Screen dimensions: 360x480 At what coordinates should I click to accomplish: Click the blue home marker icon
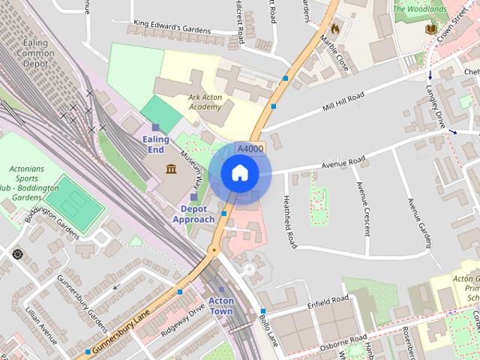click(239, 173)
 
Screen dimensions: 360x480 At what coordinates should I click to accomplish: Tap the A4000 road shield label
click(250, 149)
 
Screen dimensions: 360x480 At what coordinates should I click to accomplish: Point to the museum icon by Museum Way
click(171, 168)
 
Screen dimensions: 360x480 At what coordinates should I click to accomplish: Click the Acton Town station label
click(221, 306)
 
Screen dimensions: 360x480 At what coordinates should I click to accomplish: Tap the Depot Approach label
click(194, 214)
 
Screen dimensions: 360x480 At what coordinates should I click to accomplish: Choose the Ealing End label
click(155, 144)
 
